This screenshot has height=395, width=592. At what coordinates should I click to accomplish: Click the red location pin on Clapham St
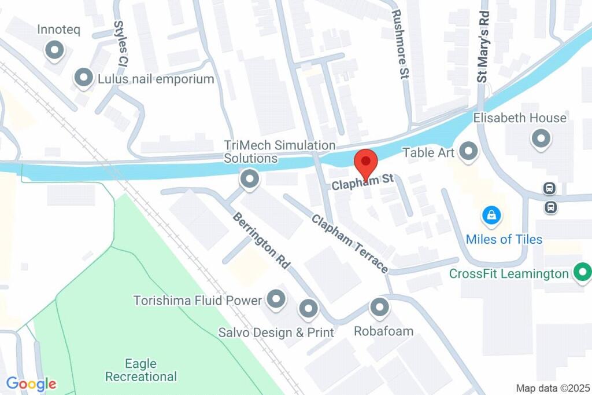click(365, 163)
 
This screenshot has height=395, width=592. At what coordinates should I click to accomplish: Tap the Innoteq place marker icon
click(55, 50)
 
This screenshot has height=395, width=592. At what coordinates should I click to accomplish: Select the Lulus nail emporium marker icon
click(84, 78)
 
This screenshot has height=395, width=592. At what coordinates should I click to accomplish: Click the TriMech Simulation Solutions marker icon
click(250, 179)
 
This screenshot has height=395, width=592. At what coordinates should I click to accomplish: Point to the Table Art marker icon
click(468, 152)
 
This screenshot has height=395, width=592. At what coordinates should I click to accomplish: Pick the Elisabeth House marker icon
click(541, 138)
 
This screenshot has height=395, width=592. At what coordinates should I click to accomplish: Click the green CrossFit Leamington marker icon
click(582, 272)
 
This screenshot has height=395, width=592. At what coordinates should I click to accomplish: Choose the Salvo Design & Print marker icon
click(308, 308)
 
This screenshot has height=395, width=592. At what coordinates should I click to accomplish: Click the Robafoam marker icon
click(379, 308)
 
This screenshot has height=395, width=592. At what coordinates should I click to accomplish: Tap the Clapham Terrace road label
click(350, 244)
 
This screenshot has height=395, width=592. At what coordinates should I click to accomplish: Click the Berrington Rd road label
click(261, 240)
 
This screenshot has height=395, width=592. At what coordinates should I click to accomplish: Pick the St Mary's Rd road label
click(483, 46)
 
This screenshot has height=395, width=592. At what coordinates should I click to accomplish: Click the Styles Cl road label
click(120, 43)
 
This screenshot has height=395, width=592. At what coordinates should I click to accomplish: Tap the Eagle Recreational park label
click(140, 370)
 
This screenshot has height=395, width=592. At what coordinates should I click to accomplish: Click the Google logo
click(31, 383)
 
